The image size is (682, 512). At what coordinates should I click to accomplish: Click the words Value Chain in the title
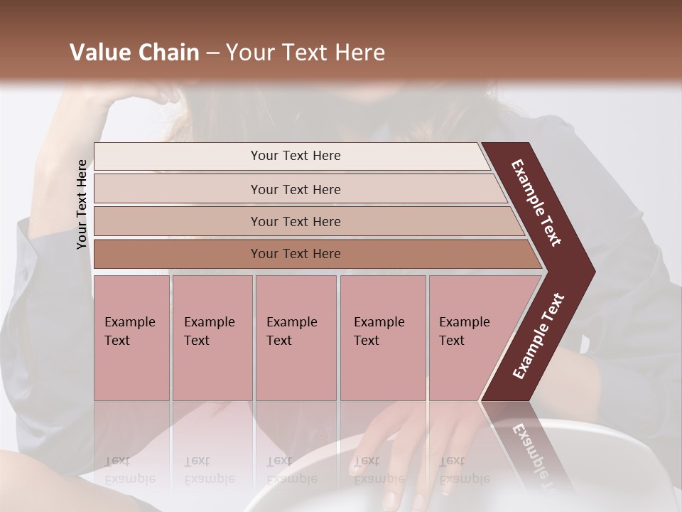click(x=134, y=53)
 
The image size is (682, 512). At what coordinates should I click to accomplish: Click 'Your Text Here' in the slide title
click(x=305, y=53)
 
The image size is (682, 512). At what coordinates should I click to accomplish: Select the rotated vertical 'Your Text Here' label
click(x=82, y=204)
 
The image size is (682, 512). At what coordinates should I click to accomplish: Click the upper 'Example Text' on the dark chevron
click(x=536, y=203)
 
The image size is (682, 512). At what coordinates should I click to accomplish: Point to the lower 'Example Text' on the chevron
click(x=538, y=336)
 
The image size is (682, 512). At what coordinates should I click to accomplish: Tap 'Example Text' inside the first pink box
click(x=129, y=331)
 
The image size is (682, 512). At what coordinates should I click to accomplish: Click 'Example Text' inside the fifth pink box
click(x=464, y=331)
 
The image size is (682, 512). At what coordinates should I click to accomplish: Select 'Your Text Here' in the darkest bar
click(x=296, y=254)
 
